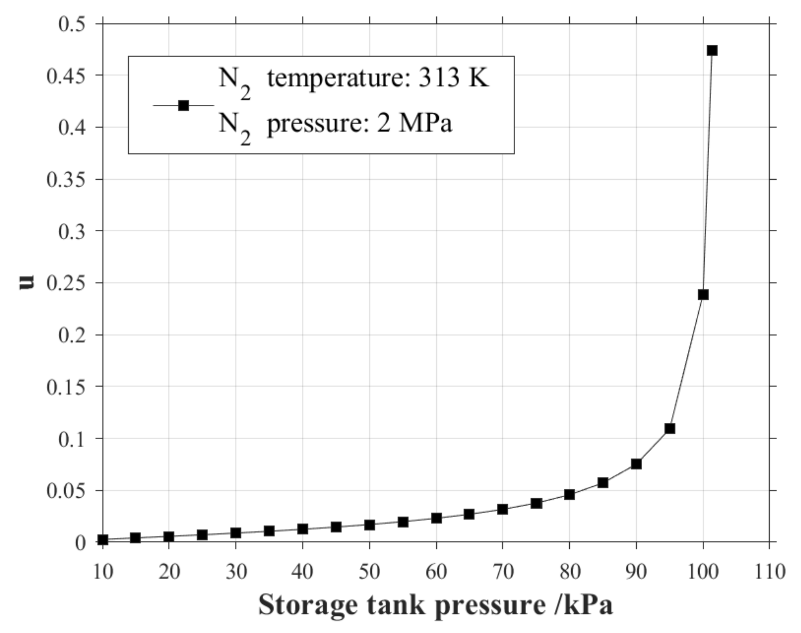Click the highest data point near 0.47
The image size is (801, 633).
(x=712, y=50)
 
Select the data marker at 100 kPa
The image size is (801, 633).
(x=703, y=295)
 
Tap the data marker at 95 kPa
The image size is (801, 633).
(x=670, y=428)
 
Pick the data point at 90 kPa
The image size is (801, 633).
(x=636, y=464)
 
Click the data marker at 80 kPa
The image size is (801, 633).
(x=569, y=494)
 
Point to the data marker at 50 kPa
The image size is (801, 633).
(x=369, y=525)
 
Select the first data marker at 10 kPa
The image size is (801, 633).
(x=103, y=540)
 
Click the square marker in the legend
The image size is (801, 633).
(x=183, y=105)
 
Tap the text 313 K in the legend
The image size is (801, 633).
(x=454, y=78)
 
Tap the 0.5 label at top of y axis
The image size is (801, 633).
(x=72, y=24)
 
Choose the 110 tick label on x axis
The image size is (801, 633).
(x=770, y=572)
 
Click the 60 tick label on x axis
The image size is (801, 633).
(x=436, y=572)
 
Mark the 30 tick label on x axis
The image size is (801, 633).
(x=236, y=572)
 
